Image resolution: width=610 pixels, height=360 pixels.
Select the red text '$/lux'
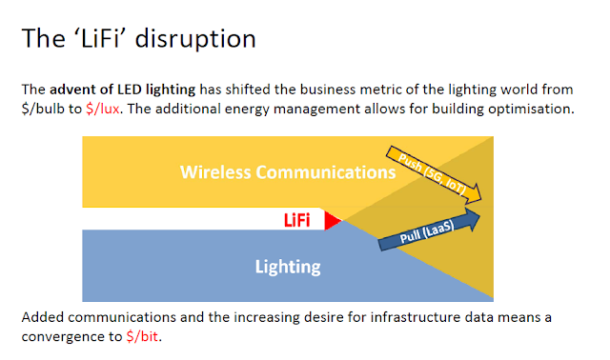[102, 109]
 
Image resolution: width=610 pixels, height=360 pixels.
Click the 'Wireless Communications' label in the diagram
[288, 172]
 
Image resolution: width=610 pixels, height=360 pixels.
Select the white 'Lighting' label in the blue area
[288, 267]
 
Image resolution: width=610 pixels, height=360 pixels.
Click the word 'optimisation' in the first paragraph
[535, 109]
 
